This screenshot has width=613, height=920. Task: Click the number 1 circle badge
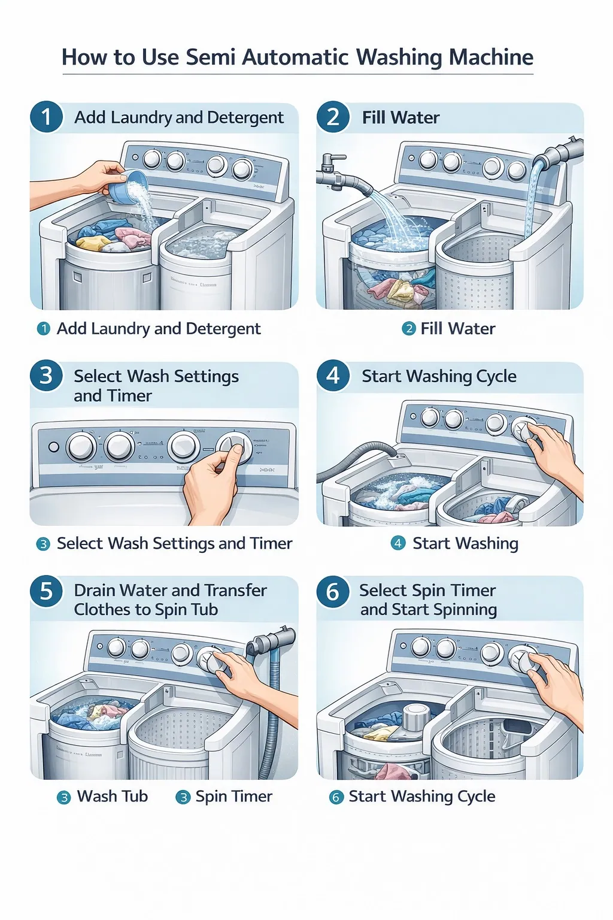click(46, 116)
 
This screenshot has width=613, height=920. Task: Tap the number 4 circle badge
click(333, 376)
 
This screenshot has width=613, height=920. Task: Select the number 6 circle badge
click(333, 592)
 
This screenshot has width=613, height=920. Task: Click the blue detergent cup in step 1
click(131, 185)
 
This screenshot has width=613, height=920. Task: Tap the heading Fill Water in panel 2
click(400, 117)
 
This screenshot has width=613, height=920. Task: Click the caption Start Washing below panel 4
click(465, 543)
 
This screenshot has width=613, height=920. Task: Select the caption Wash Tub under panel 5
click(112, 796)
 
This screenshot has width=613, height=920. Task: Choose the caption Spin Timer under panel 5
click(233, 796)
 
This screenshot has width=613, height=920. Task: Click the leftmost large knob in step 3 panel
click(81, 447)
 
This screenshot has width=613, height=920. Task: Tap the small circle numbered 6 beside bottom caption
click(336, 797)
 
